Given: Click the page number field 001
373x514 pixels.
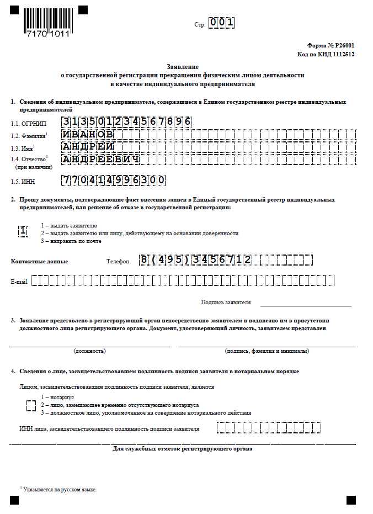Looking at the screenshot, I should pyautogui.click(x=222, y=23).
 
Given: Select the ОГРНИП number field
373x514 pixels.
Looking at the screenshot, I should pyautogui.click(x=126, y=121).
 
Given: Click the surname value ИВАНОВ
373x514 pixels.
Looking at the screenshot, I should pyautogui.click(x=88, y=134).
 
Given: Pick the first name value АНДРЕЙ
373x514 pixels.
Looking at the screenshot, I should pyautogui.click(x=88, y=147).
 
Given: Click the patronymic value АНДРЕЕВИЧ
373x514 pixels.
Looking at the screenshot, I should pyautogui.click(x=100, y=160).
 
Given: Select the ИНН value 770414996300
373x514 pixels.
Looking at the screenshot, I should pyautogui.click(x=114, y=181).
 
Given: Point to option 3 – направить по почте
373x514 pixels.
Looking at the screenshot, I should pyautogui.click(x=71, y=241).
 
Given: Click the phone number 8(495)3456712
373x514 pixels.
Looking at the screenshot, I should pyautogui.click(x=195, y=260).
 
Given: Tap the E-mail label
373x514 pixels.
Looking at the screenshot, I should pyautogui.click(x=19, y=282).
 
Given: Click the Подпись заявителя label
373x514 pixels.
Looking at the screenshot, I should pyautogui.click(x=226, y=303).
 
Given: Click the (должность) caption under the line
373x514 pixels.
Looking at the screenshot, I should pyautogui.click(x=89, y=351).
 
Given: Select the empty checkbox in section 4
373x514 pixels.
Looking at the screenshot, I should pyautogui.click(x=31, y=406).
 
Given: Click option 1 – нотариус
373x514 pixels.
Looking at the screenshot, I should pyautogui.click(x=58, y=398).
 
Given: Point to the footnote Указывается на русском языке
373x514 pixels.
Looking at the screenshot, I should pyautogui.click(x=60, y=490).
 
